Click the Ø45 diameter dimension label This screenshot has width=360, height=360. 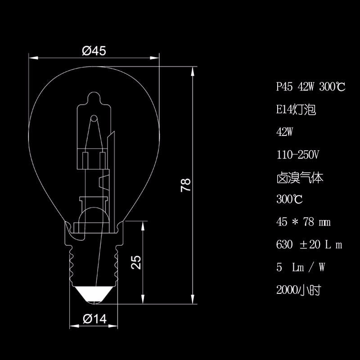click(94, 51)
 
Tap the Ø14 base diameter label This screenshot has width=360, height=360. click(94, 319)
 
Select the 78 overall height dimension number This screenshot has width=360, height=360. click(185, 185)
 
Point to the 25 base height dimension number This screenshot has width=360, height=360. click(136, 262)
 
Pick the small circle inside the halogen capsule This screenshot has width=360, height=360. click(94, 118)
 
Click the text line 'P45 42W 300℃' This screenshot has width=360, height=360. click(310, 87)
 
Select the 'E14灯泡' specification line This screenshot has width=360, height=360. click(296, 109)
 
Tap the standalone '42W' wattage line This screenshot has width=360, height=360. click(285, 132)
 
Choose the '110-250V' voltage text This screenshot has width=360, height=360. click(297, 154)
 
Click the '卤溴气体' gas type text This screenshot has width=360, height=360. click(300, 177)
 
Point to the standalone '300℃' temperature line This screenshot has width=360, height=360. click(289, 199)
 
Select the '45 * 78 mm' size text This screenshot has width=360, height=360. click(303, 222)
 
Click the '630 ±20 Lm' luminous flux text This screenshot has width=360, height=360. click(309, 244)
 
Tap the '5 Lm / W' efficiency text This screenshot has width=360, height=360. click(301, 267)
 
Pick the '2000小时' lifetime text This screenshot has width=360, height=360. click(298, 290)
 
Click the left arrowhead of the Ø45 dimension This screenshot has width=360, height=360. click(33, 58)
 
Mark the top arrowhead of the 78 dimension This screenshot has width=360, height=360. click(193, 71)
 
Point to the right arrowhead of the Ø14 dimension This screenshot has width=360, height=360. click(113, 326)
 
